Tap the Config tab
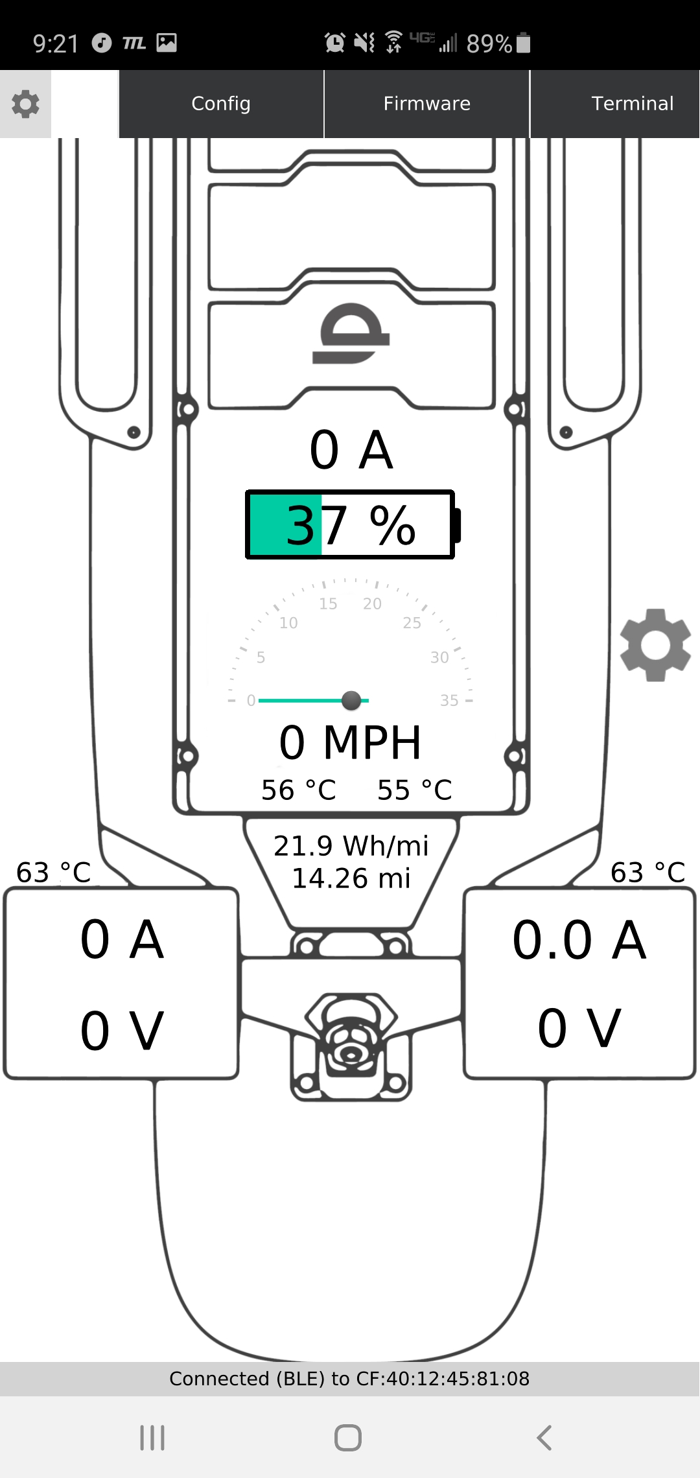pos(221,104)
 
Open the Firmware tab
pos(427,104)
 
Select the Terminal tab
pos(632,104)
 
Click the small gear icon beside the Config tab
pos(25,104)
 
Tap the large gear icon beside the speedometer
pos(655,645)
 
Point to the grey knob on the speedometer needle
pos(351,700)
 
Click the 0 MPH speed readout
pos(350,742)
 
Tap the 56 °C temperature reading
pos(299,790)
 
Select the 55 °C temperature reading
pos(415,790)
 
